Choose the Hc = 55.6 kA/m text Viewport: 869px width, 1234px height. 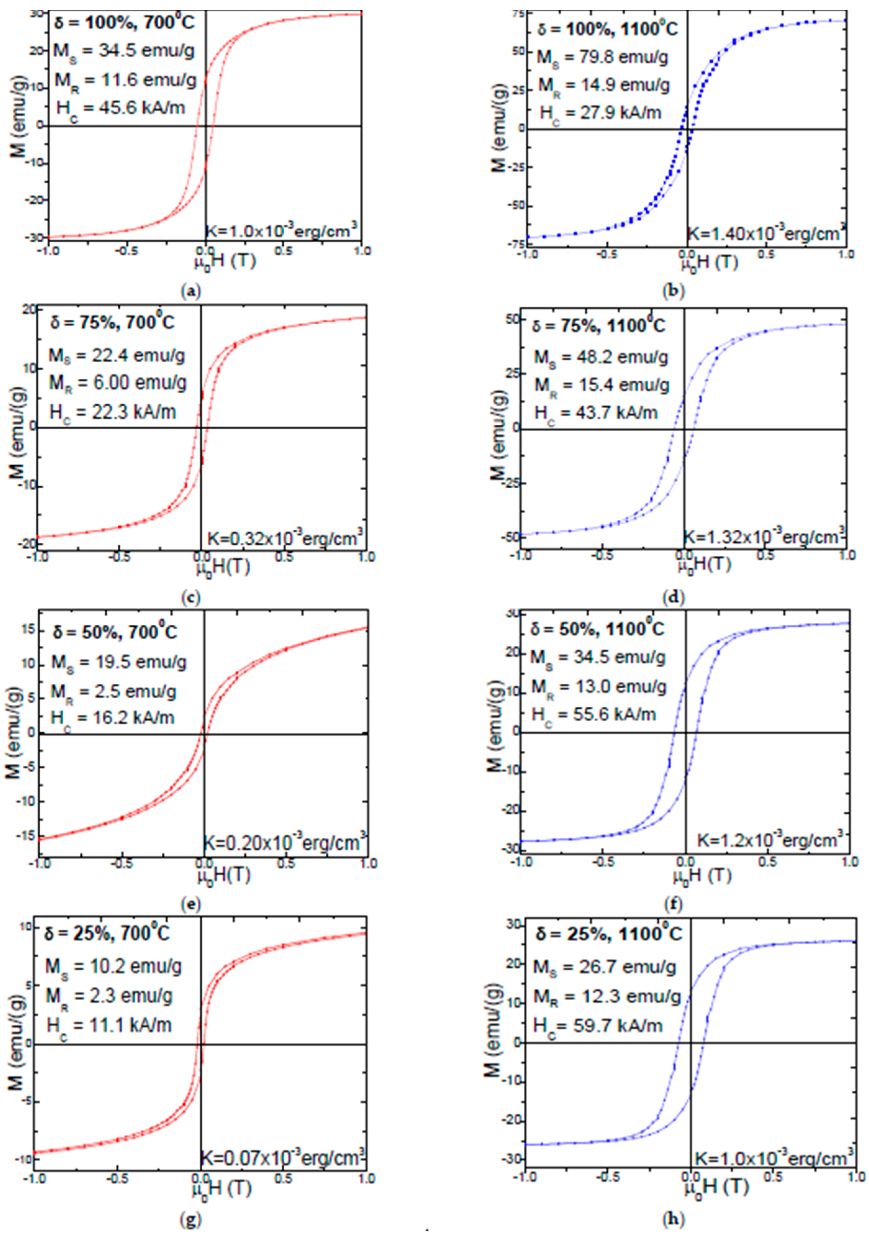tap(593, 714)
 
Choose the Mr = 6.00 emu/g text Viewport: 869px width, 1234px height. tap(118, 384)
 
